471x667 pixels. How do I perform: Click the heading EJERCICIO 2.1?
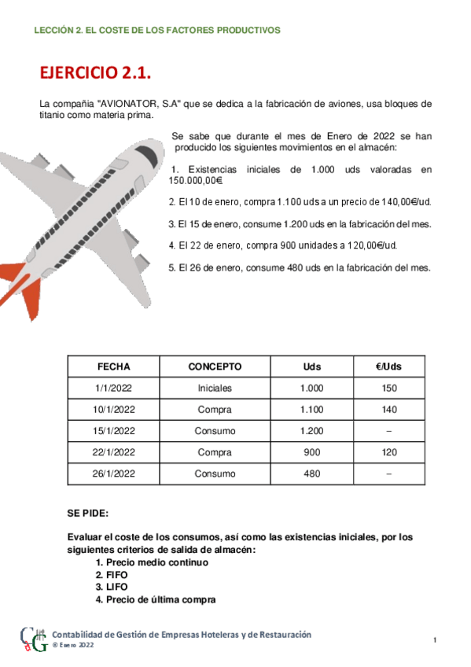[x=94, y=72]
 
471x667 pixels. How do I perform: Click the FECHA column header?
[x=113, y=367]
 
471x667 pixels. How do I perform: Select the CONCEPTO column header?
[x=215, y=367]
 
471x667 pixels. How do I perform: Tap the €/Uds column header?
[x=389, y=367]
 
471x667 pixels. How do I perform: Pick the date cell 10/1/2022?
[x=113, y=410]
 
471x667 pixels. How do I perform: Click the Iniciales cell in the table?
[x=215, y=389]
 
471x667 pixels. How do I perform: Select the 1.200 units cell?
[x=311, y=431]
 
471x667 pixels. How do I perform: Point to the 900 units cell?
[x=311, y=452]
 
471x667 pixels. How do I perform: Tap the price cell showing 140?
[x=389, y=410]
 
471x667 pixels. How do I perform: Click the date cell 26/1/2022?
[x=113, y=474]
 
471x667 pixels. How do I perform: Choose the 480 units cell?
[x=311, y=474]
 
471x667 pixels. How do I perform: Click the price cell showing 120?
[x=389, y=452]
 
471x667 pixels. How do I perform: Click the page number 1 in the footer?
[x=435, y=641]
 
